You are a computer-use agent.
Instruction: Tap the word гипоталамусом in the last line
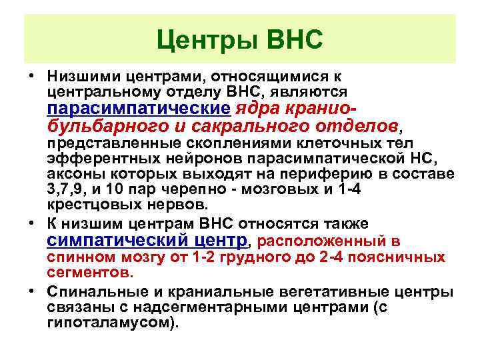(108, 323)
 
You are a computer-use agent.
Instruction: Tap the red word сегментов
(89, 273)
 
